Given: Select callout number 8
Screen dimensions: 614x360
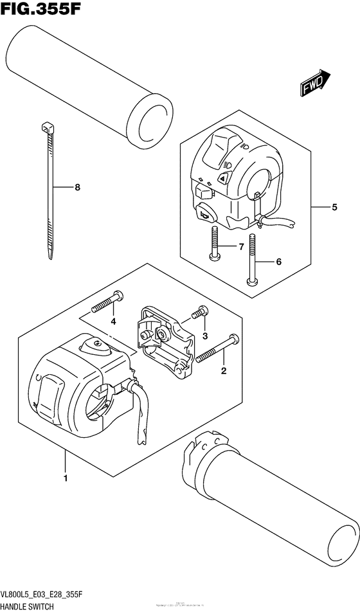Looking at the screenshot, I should tap(77, 188).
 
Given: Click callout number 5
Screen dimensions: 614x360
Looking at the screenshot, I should tap(334, 208).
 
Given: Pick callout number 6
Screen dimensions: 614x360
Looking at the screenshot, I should tap(279, 262).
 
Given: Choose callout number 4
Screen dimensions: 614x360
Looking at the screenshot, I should tap(113, 321).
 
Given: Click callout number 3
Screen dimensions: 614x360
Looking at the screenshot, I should tap(205, 336).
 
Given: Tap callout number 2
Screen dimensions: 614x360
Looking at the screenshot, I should tap(224, 370).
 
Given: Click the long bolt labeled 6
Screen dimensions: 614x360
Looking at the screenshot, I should tap(252, 257).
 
